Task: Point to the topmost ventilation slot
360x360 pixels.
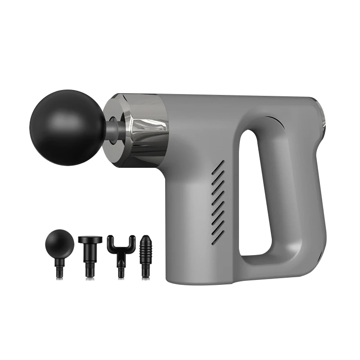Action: click(x=219, y=167)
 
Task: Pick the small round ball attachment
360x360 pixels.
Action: click(x=59, y=243)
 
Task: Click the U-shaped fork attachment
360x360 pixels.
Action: click(x=121, y=252)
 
